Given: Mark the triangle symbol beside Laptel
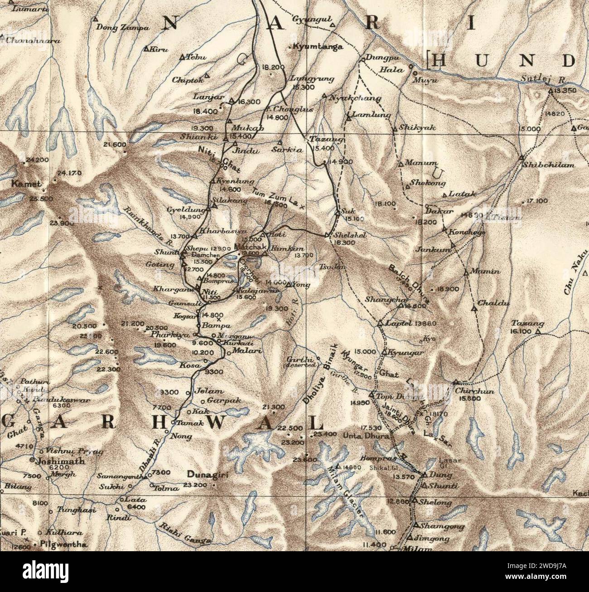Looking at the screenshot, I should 380,324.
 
